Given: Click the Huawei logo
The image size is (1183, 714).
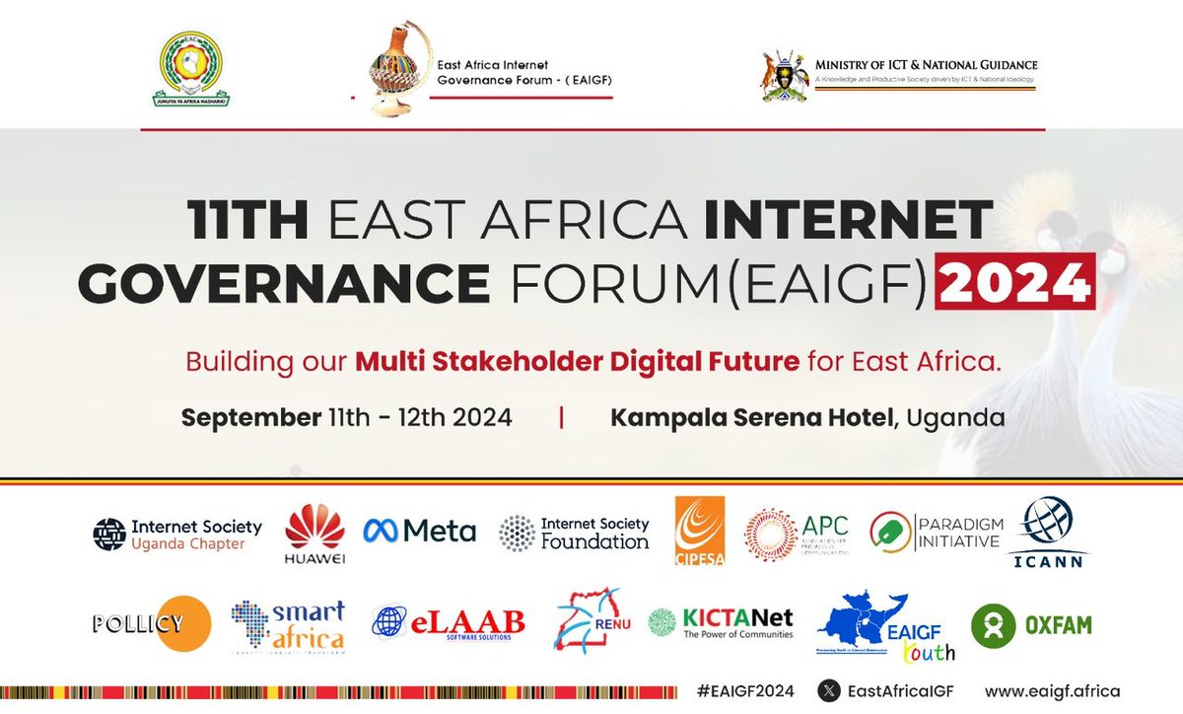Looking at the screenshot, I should click(314, 533).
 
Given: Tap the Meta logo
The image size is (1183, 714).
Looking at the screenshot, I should click(419, 532).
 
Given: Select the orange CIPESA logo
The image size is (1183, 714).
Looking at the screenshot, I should click(699, 531).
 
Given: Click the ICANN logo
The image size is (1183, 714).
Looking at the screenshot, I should click(1048, 534).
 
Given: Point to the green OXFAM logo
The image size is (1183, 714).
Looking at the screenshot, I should click(1031, 625).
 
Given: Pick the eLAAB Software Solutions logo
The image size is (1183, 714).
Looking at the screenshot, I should click(449, 622).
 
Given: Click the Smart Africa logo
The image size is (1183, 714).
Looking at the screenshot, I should click(288, 625).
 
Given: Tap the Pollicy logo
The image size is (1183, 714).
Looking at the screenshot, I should click(152, 623).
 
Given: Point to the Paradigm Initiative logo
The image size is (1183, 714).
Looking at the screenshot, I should click(936, 532).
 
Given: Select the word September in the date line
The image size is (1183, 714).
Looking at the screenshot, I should click(250, 417).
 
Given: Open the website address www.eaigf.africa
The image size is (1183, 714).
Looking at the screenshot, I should click(1052, 691).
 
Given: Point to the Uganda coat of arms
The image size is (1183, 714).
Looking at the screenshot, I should click(785, 76).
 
